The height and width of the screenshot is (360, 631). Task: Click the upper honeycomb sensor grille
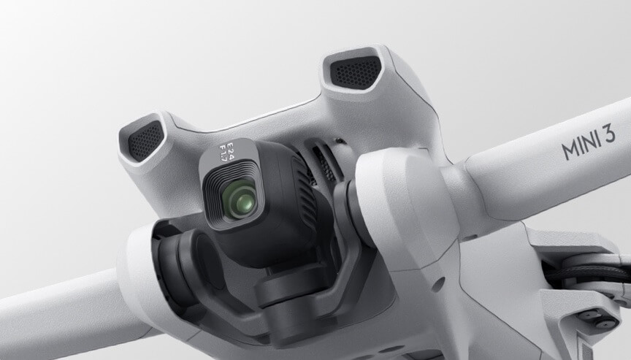coord(355,72)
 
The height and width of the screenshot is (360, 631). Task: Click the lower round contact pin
coord(603,323)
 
